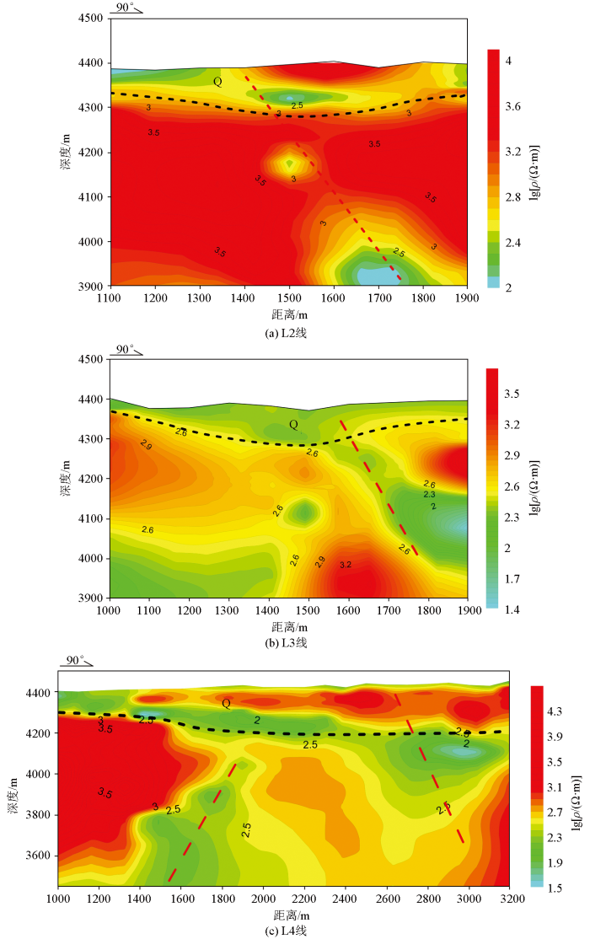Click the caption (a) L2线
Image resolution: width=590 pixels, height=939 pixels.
pyautogui.click(x=289, y=334)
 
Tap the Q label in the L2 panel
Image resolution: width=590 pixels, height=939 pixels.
pyautogui.click(x=217, y=82)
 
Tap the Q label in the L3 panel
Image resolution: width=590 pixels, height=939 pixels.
pyautogui.click(x=293, y=425)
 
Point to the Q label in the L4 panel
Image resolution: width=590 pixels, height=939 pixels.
pyautogui.click(x=226, y=703)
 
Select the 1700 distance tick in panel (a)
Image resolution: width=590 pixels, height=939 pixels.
pyautogui.click(x=378, y=298)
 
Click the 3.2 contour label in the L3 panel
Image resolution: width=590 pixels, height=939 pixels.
pyautogui.click(x=345, y=565)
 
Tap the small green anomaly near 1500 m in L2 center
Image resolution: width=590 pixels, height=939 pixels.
pyautogui.click(x=290, y=163)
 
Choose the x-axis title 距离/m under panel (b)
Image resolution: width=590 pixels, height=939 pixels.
pyautogui.click(x=287, y=626)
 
